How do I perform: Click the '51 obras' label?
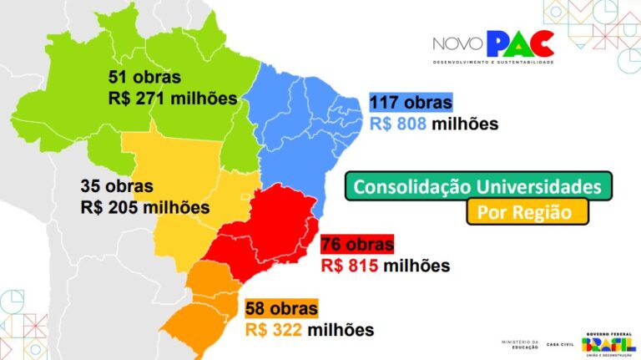pos(144,78)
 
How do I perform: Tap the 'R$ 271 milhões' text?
pos(173,98)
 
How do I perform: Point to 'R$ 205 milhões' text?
pos(144,206)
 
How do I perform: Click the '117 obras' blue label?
pos(411,104)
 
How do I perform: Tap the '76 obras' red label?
pos(356,245)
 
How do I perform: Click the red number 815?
pos(364,266)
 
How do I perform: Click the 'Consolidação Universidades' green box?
pos(478,185)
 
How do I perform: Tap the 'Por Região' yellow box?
pos(527,212)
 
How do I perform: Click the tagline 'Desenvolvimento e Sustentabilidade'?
pos(492,63)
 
